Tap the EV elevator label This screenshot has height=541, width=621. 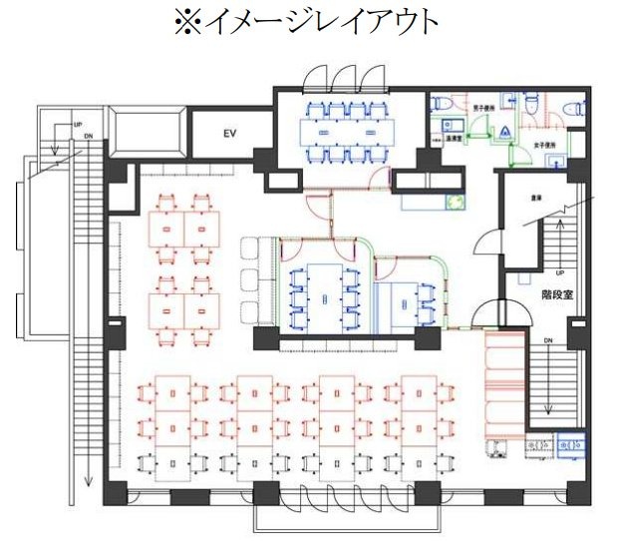point(228,132)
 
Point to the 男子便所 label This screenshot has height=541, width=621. point(484,108)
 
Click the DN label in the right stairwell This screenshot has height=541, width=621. point(547,340)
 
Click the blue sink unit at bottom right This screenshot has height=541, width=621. point(571,439)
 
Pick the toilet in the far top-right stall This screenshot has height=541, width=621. point(573,103)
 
